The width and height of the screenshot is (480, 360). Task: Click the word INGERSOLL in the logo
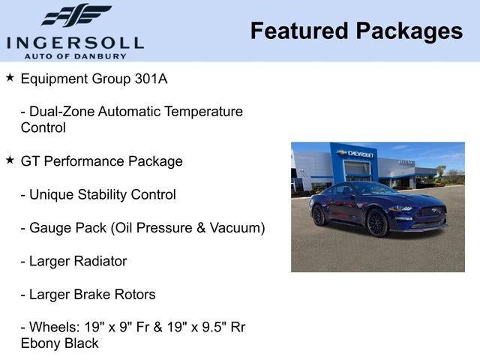point(75,41)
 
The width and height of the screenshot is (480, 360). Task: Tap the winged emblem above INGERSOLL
point(76,16)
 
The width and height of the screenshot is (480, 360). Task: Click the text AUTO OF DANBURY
point(75,55)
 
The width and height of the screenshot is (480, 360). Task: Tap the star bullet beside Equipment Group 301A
point(10,77)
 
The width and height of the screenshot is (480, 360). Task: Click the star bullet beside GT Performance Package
point(10,160)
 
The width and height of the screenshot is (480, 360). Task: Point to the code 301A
point(175,78)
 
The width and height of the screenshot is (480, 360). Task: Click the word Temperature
point(203,112)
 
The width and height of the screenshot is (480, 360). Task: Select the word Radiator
point(99,261)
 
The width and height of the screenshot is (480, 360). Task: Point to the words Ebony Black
point(60,343)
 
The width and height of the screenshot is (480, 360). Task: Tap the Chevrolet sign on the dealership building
point(355,154)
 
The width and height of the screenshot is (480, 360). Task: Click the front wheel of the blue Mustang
point(376,223)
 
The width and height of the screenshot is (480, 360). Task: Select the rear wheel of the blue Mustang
point(319,215)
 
